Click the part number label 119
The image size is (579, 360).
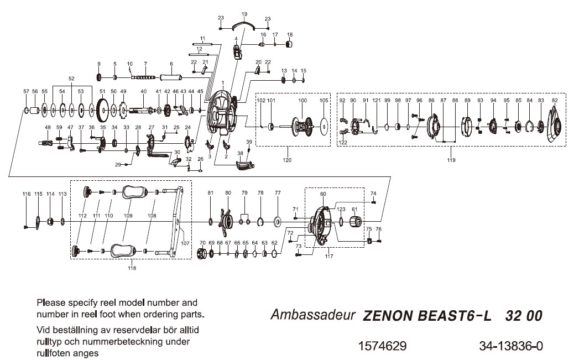pyautogui.click(x=452, y=160)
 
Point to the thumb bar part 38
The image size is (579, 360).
pyautogui.click(x=243, y=165)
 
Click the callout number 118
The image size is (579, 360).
pyautogui.click(x=132, y=268)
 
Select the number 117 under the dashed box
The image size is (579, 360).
pyautogui.click(x=330, y=256)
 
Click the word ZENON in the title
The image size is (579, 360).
pyautogui.click(x=386, y=316)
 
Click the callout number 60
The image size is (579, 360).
pyautogui.click(x=323, y=195)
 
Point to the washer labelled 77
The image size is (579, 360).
pyautogui.click(x=278, y=223)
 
